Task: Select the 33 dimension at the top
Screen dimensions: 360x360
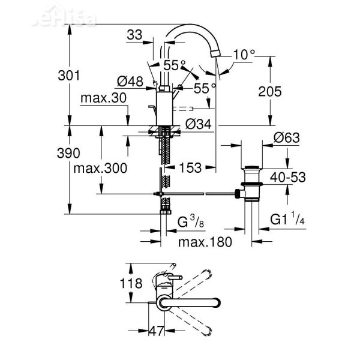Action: (x=135, y=35)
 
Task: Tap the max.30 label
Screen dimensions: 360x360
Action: (x=103, y=98)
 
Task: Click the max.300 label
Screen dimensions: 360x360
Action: (x=100, y=168)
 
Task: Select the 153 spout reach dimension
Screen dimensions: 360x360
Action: (x=190, y=168)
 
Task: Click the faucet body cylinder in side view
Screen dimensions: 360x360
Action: (x=163, y=105)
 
